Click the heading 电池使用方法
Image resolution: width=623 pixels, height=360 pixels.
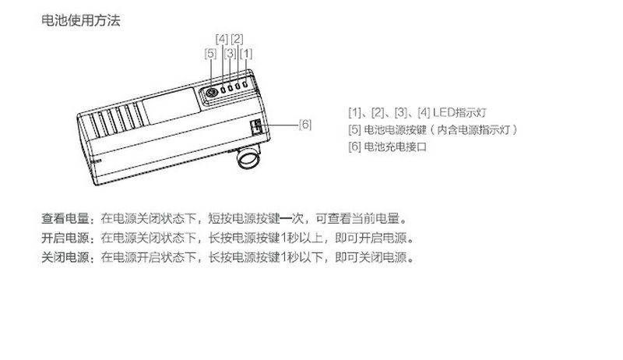click(x=81, y=21)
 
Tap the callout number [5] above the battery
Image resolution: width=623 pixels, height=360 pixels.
click(x=210, y=54)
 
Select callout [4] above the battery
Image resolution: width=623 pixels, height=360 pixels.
click(x=221, y=38)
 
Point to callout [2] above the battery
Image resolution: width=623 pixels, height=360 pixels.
click(x=238, y=38)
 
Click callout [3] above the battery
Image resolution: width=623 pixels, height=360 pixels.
click(x=230, y=54)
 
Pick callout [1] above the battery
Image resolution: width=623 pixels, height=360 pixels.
click(x=247, y=54)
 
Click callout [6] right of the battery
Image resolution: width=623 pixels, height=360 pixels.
click(x=305, y=124)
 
